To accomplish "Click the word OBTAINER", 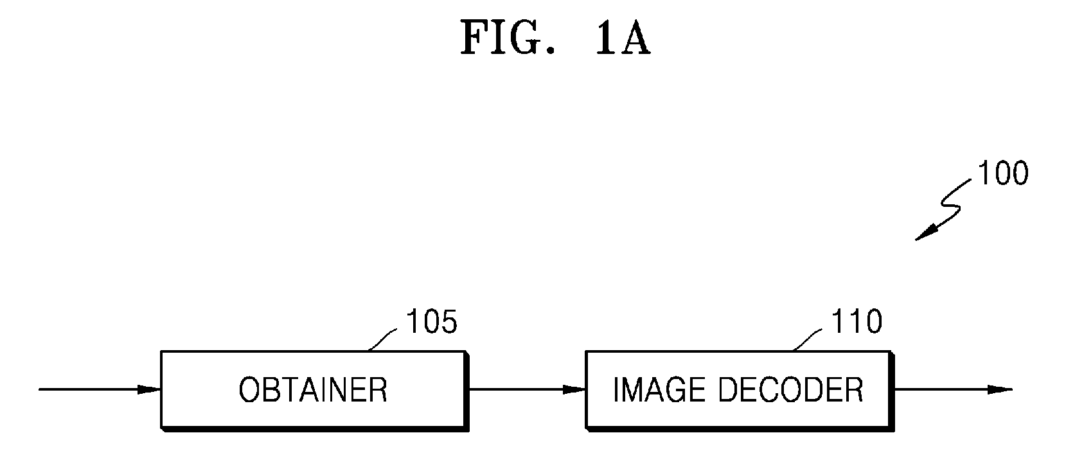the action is [x=313, y=390].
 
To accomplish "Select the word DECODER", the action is [x=790, y=390].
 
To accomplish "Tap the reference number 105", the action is [x=431, y=322].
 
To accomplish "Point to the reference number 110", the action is [x=856, y=322].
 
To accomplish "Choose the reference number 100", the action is [x=1002, y=173].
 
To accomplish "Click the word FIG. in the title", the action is [x=508, y=38].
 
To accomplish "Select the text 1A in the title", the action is [x=623, y=38].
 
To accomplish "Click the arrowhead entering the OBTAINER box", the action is [x=149, y=389].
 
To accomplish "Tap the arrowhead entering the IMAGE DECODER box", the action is [x=574, y=389].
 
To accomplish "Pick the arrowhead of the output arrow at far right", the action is [x=1000, y=389].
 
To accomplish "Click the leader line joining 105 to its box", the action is [x=382, y=340].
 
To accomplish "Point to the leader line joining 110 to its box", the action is [x=807, y=340].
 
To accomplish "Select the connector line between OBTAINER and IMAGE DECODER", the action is [x=528, y=389].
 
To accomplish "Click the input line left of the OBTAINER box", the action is [x=100, y=389].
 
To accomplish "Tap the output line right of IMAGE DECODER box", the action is [x=954, y=389].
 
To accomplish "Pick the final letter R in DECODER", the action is [x=854, y=390].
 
